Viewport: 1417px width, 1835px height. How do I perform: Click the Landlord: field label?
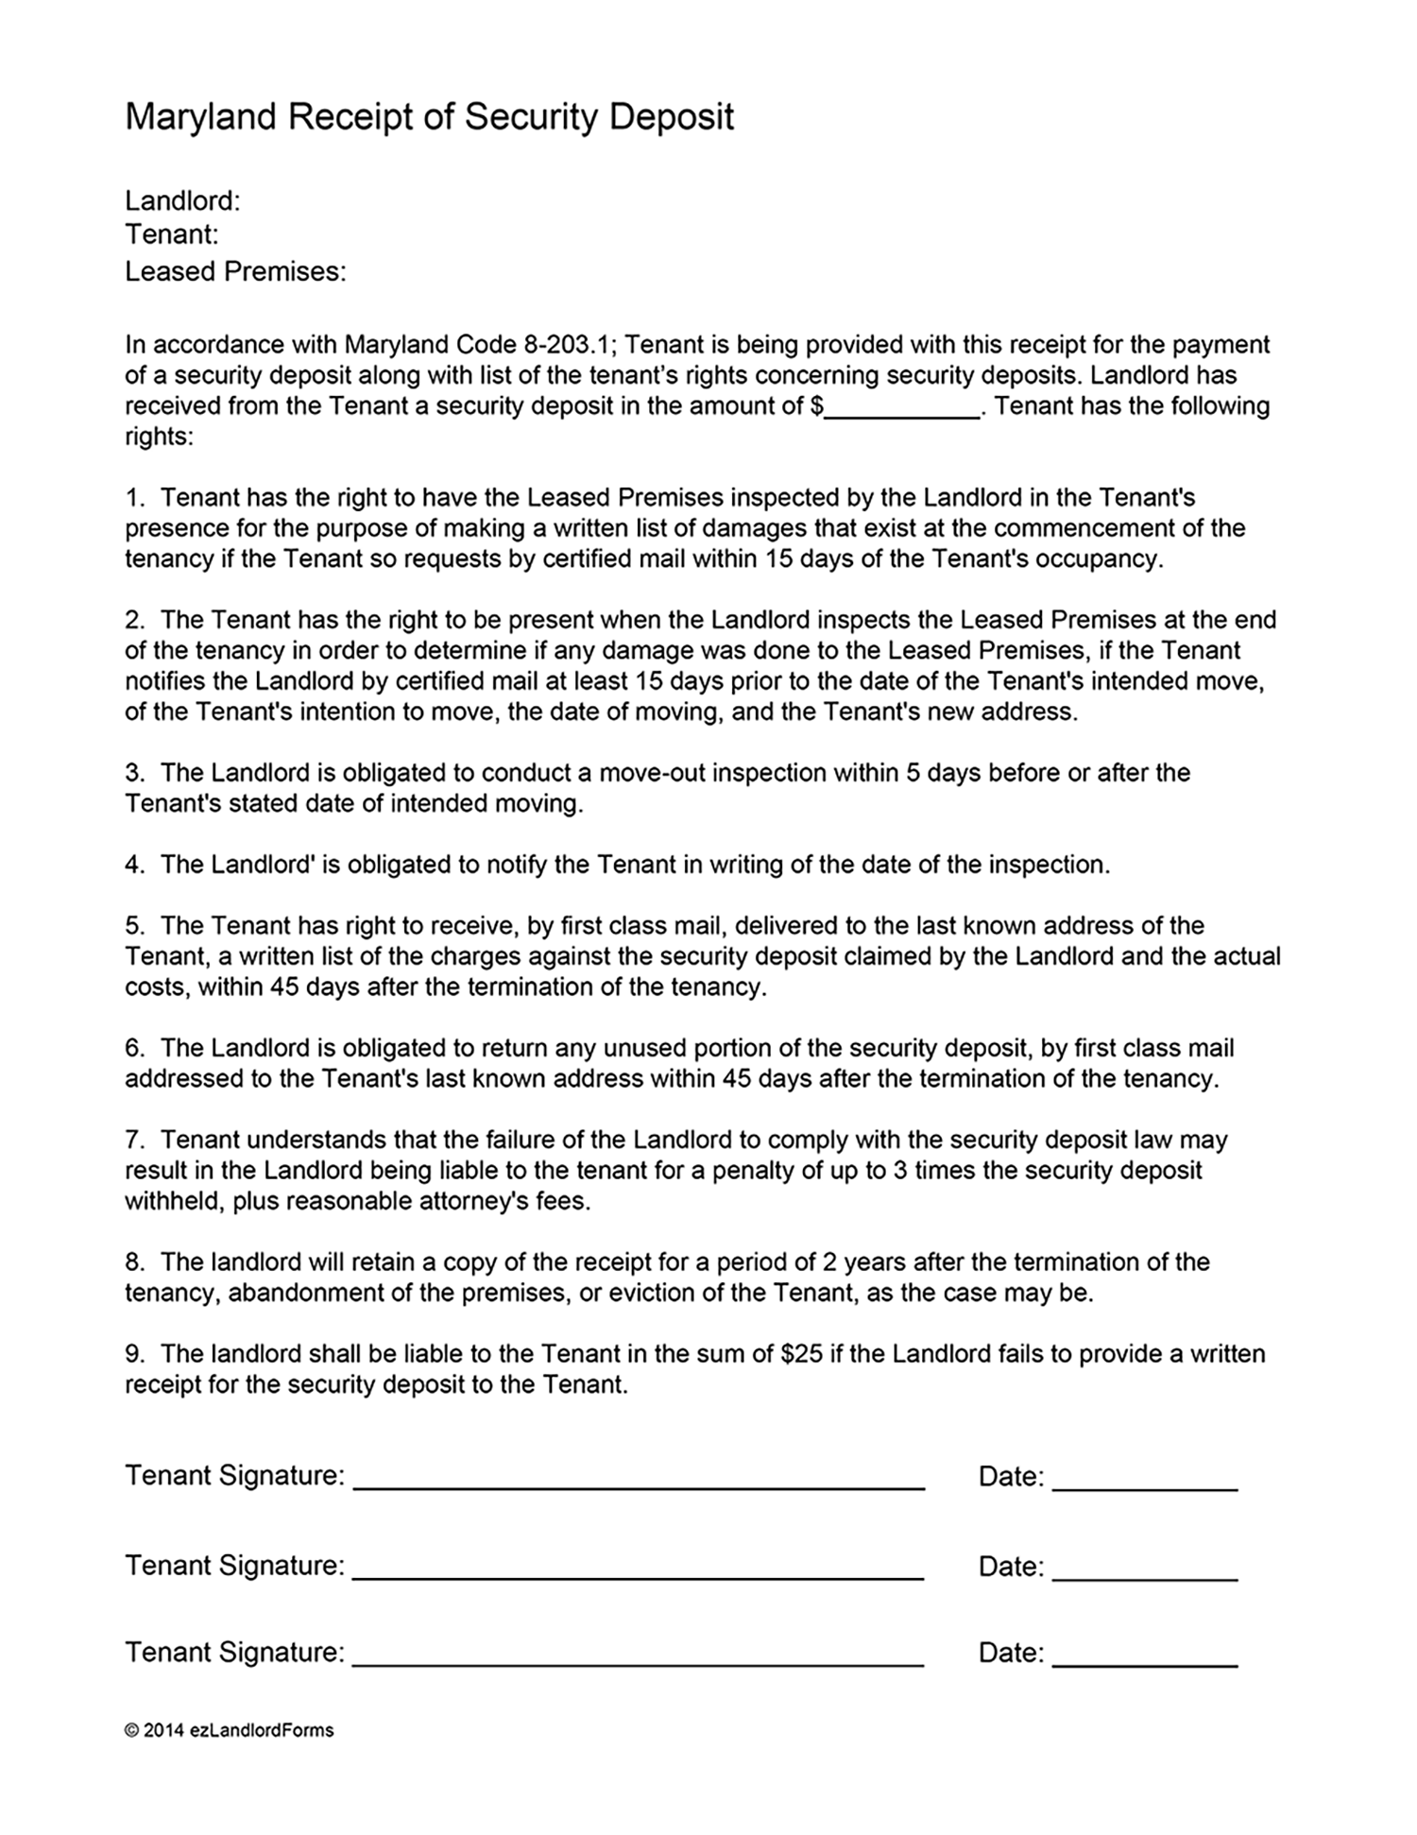coord(182,200)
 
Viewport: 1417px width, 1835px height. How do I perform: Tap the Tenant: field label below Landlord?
coord(171,234)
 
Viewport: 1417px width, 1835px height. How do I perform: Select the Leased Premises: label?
coord(235,272)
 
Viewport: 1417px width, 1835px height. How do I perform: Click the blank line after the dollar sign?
coord(902,408)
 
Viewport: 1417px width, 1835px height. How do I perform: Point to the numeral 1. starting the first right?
coord(134,498)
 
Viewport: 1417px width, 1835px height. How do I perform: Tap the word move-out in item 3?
coord(651,773)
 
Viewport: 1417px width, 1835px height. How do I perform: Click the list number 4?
coord(133,865)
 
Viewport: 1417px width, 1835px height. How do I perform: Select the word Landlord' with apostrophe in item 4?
coord(262,865)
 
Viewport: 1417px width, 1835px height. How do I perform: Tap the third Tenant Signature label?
coord(234,1653)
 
